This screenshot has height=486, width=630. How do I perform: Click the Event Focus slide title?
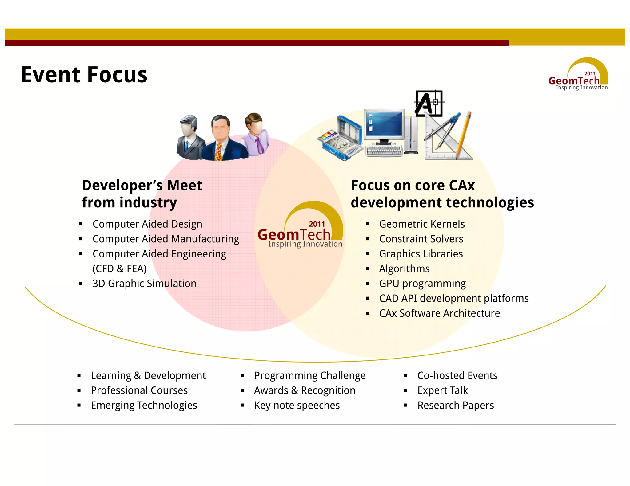[x=84, y=75]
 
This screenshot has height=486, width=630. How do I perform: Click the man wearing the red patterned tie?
[x=221, y=138]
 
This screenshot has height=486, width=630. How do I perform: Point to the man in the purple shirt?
[x=255, y=135]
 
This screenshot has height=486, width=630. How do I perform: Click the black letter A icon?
[x=428, y=104]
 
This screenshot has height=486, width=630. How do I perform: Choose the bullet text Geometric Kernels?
[x=422, y=224]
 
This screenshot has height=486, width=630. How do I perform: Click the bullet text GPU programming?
[x=422, y=284]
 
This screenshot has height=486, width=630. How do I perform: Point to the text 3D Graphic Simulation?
[x=144, y=284]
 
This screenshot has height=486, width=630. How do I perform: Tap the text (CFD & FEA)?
[x=119, y=269]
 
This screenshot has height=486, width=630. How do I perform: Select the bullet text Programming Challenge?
[x=310, y=376]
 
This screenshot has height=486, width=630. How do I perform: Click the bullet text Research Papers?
[x=456, y=406]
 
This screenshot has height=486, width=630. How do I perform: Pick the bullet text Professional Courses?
[x=139, y=390]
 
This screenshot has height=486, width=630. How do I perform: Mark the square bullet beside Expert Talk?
[x=406, y=390]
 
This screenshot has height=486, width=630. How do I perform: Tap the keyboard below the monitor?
[x=384, y=151]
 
